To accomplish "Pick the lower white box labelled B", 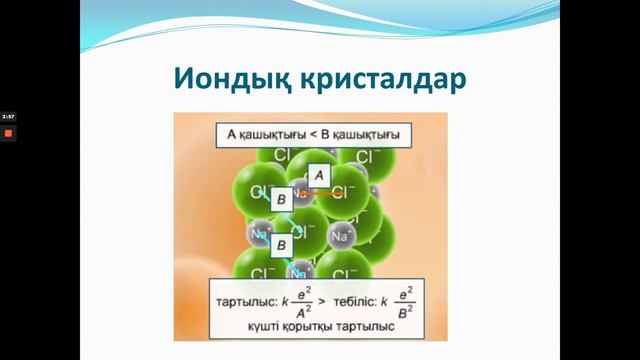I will tap(281, 243).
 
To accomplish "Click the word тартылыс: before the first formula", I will tap(245, 298).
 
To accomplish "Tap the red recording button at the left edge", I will tap(7, 132).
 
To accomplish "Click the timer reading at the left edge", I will tap(7, 117).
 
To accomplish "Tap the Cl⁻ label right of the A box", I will tap(345, 191).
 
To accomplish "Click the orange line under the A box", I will tap(319, 192).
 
